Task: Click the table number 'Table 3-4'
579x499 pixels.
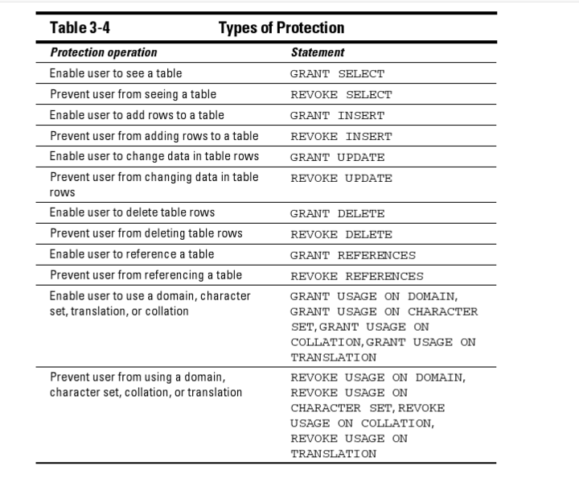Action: point(80,28)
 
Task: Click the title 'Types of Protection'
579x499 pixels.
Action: point(281,28)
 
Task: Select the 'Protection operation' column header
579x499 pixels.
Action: point(104,52)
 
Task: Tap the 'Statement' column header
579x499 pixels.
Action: point(318,52)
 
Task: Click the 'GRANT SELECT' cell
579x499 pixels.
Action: point(337,74)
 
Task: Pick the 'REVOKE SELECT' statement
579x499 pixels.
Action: point(341,95)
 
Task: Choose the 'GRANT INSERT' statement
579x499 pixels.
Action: point(337,116)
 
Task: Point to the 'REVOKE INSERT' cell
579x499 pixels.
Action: point(341,137)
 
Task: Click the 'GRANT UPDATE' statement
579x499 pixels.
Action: point(337,158)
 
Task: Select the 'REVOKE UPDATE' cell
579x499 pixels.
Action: point(341,179)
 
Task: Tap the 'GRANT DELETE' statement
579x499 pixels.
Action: point(337,214)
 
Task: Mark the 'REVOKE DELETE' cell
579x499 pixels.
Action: point(341,235)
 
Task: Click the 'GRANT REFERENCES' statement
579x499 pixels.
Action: point(353,256)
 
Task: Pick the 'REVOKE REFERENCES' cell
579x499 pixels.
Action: point(357,277)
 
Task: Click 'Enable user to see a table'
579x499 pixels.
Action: point(116,73)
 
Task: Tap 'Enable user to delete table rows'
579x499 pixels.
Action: point(132,212)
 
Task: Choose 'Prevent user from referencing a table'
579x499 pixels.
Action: point(146,275)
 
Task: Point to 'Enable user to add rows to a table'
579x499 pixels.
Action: point(137,115)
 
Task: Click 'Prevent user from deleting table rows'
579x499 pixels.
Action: point(146,233)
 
